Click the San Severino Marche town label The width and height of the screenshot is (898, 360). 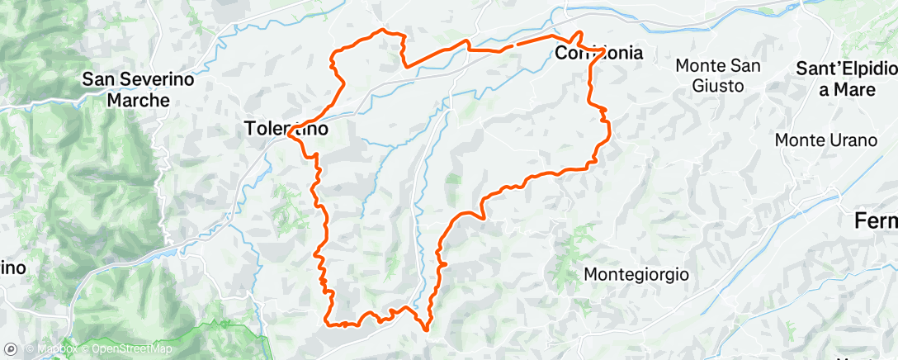(x=138, y=90)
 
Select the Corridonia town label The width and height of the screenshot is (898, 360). (x=599, y=54)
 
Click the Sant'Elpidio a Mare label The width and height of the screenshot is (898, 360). (x=845, y=79)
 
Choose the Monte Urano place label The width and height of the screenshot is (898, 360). (x=825, y=140)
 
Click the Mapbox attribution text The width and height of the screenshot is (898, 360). (x=54, y=348)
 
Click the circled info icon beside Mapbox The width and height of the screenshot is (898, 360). (x=12, y=348)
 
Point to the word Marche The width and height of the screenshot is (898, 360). (x=138, y=100)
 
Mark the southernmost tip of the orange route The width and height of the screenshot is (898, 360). (x=425, y=329)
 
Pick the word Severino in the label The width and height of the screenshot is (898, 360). (x=152, y=79)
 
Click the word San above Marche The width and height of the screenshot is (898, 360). (x=98, y=79)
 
